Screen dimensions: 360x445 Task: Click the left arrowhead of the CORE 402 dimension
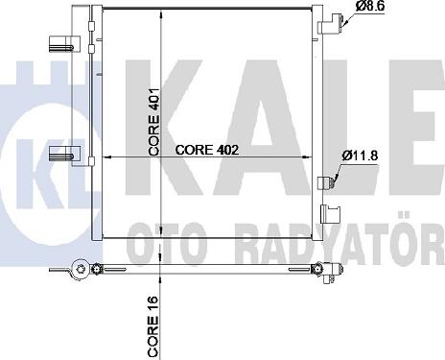[x=106, y=156]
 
